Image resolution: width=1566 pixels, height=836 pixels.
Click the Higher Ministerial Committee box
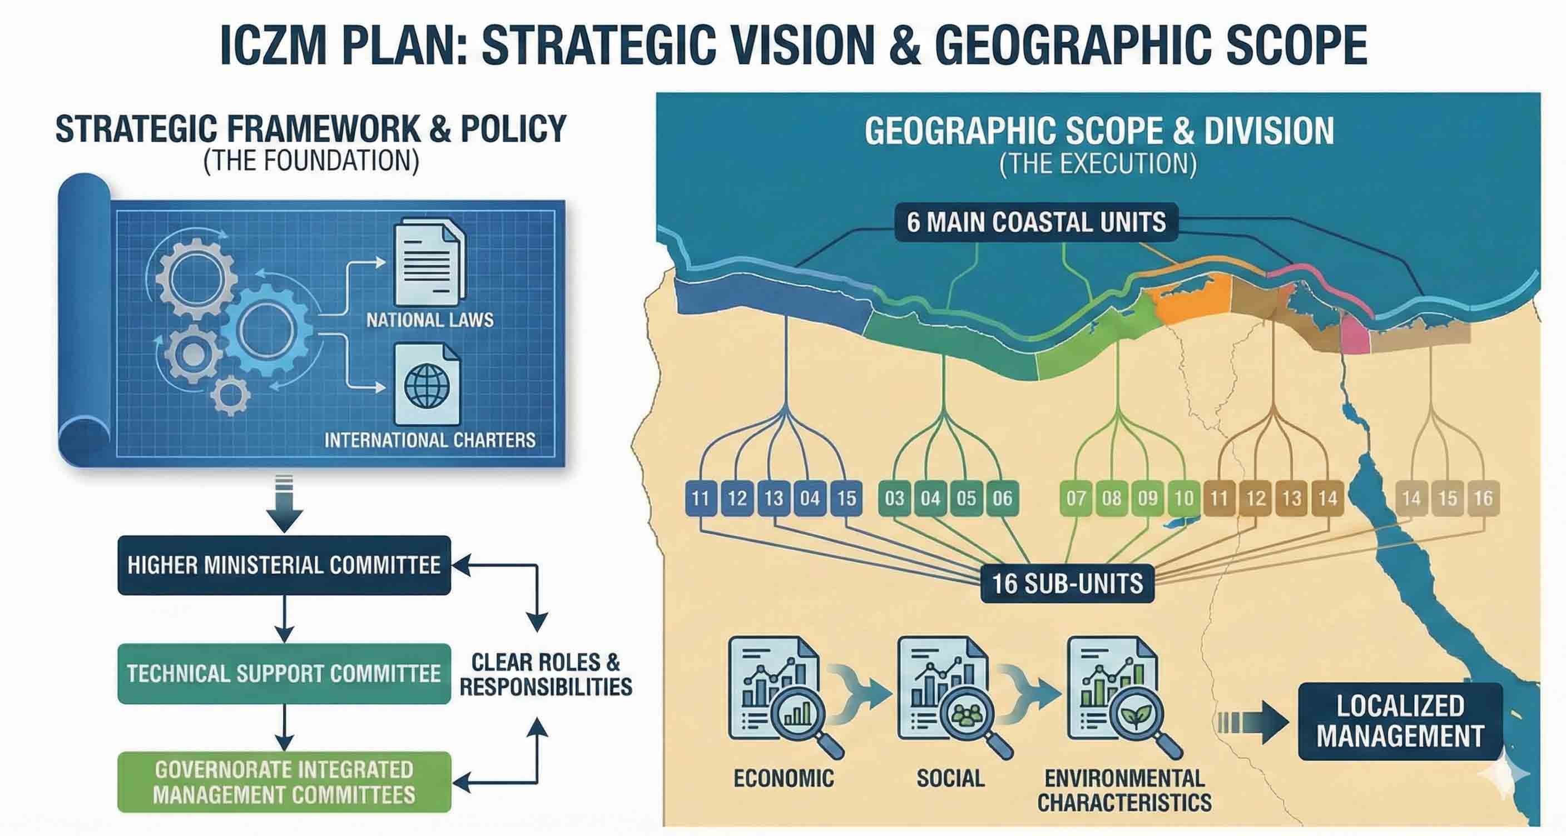[284, 565]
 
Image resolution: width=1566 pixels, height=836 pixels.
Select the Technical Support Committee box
[284, 673]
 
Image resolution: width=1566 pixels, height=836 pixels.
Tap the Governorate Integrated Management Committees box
[284, 782]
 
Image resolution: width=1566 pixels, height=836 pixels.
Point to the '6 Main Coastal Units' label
[1036, 222]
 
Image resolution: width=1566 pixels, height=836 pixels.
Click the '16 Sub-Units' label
[1067, 583]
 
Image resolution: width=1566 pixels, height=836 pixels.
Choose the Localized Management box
[1400, 721]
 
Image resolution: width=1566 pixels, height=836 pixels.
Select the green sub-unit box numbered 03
[894, 499]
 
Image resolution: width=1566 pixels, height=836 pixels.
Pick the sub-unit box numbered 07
[1076, 499]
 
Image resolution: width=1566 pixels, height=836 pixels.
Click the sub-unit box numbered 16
[1483, 499]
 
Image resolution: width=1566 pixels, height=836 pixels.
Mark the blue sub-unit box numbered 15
[846, 499]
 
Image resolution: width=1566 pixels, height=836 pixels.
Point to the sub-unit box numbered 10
[1183, 499]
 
